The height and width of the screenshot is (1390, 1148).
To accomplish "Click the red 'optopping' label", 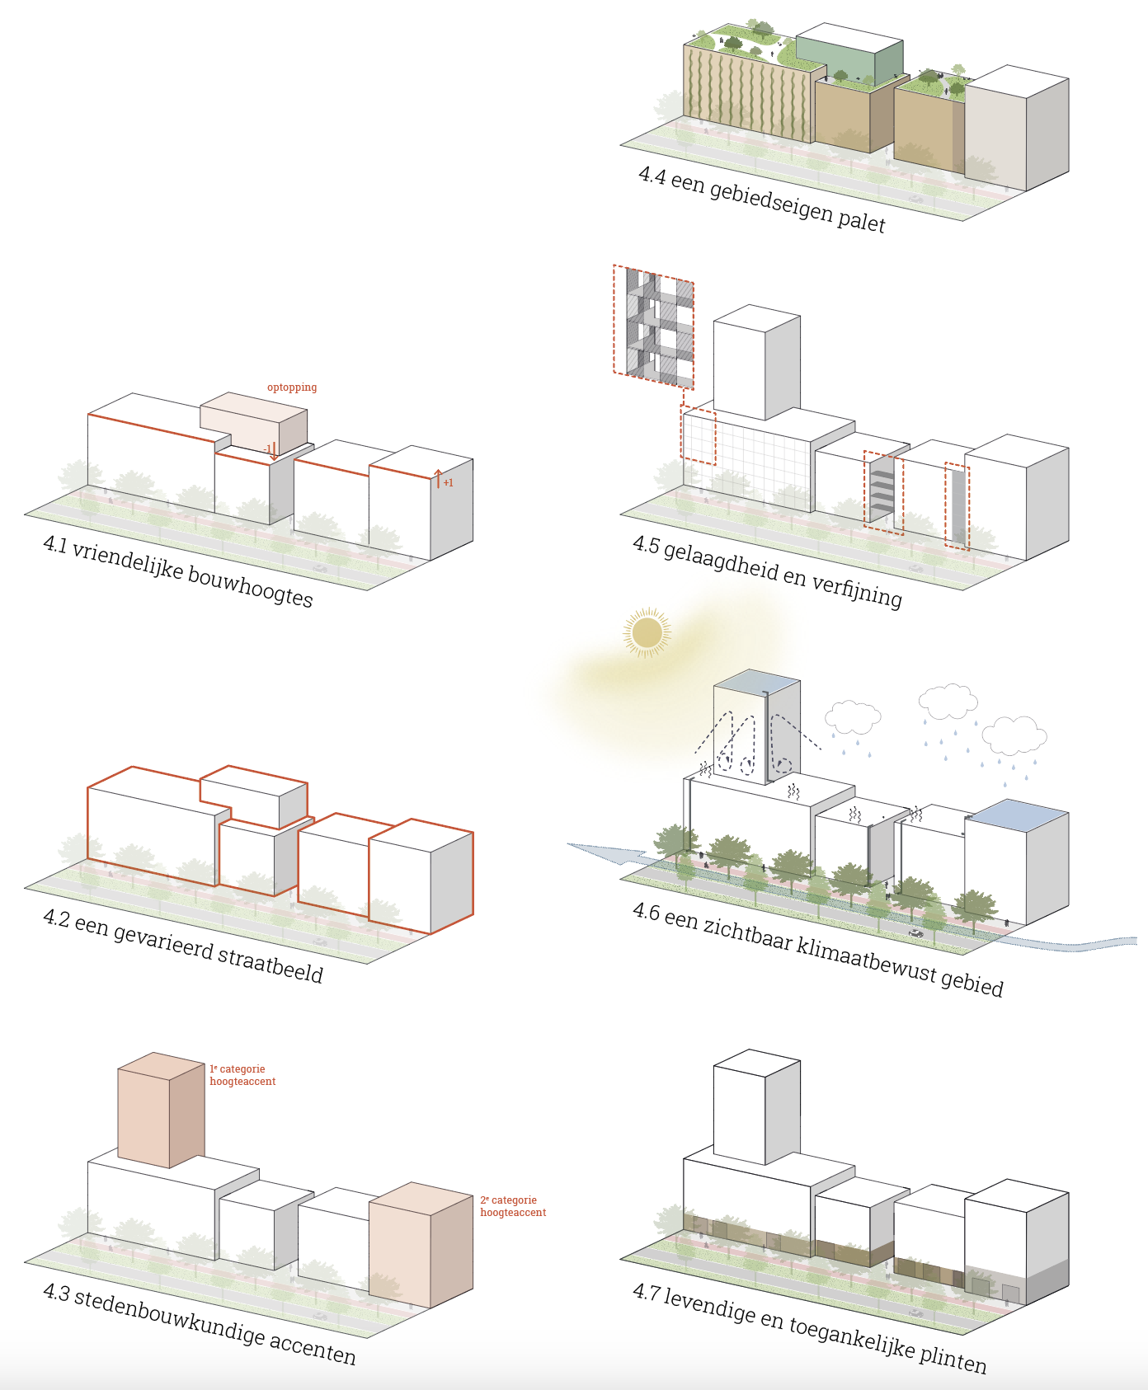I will click(292, 387).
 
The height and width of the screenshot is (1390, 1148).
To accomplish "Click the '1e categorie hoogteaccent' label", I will click(242, 1075).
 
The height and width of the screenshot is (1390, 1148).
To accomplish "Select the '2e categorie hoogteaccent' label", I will click(513, 1206).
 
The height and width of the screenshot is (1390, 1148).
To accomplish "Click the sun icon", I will click(647, 633).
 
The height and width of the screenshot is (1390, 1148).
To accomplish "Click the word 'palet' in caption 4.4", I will click(861, 220).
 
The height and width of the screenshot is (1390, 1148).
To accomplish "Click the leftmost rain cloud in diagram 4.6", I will click(853, 716).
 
